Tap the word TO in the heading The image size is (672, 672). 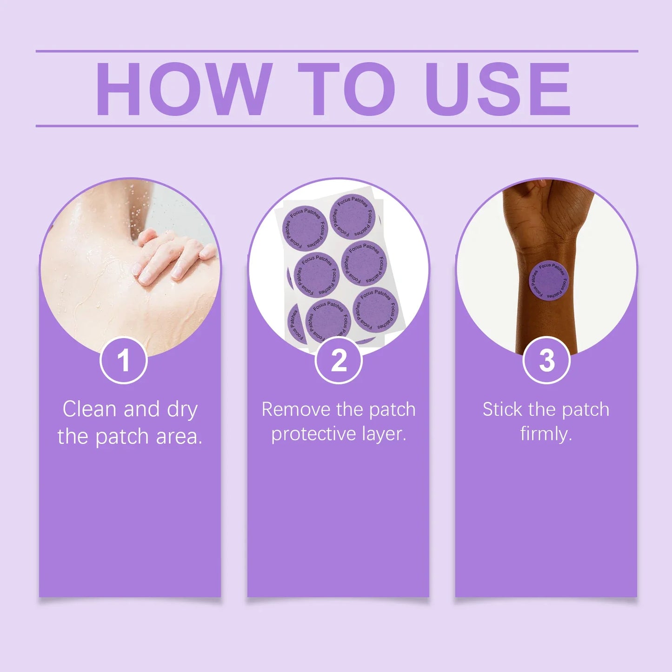click(x=346, y=89)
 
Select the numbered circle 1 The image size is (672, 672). click(x=123, y=360)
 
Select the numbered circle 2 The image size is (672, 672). click(x=339, y=360)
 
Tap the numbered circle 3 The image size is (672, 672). click(x=546, y=360)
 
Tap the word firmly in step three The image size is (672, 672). click(x=546, y=434)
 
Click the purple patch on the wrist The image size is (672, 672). click(x=549, y=280)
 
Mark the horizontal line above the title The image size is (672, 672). click(x=337, y=51)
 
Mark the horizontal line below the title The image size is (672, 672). click(x=337, y=126)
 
